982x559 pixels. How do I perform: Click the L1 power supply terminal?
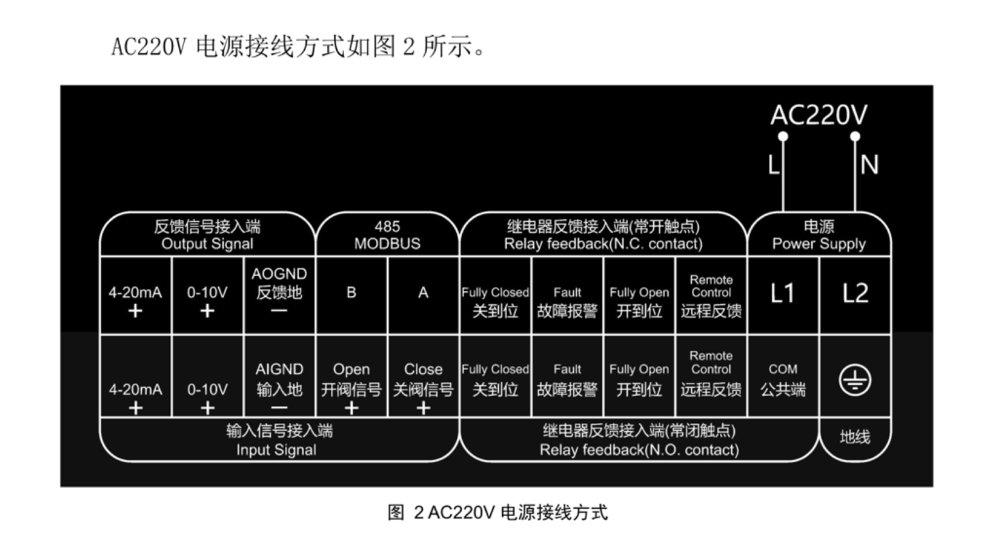point(783,293)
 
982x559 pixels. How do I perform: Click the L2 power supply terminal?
point(855,293)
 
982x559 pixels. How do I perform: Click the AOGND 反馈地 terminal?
point(279,293)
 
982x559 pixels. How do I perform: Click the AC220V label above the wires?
point(818,115)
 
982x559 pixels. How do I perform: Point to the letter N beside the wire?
point(869,166)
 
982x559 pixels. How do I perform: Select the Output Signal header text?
point(207,244)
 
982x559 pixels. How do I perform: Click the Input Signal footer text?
point(276,450)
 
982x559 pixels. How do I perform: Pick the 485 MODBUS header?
point(387,235)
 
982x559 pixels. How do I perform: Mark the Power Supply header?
point(818,244)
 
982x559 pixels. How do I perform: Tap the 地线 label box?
point(855,437)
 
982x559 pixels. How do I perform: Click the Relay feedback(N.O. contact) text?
point(639,450)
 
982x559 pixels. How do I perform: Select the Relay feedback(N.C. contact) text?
point(603,244)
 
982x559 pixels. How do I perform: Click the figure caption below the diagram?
point(498,512)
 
